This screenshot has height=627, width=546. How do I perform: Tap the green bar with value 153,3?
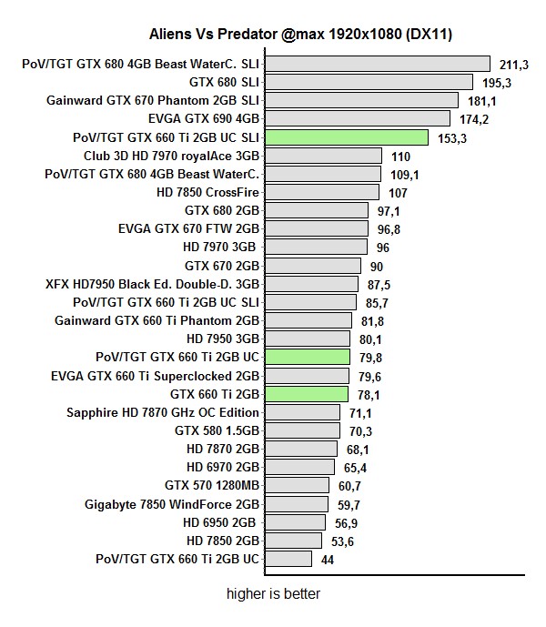(x=346, y=137)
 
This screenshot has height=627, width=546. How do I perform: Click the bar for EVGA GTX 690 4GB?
(x=357, y=118)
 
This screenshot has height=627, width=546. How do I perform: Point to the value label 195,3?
(x=498, y=83)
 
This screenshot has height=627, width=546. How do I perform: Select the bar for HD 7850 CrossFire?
(x=321, y=192)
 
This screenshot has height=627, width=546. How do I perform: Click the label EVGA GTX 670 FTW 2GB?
(x=189, y=228)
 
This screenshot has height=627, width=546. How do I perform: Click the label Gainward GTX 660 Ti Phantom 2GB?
(x=157, y=320)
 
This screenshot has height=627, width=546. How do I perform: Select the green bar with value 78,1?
(x=306, y=394)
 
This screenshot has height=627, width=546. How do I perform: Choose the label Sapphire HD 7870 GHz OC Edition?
(x=164, y=412)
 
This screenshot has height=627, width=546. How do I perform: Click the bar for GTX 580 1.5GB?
(x=301, y=430)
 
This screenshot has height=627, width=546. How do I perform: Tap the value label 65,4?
(x=355, y=468)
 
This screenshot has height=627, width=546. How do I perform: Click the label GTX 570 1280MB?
(x=212, y=486)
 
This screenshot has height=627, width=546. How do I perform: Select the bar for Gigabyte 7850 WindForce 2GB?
(x=296, y=504)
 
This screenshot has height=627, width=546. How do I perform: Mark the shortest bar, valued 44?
(x=288, y=559)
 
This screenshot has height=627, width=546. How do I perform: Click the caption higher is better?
(x=273, y=594)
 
